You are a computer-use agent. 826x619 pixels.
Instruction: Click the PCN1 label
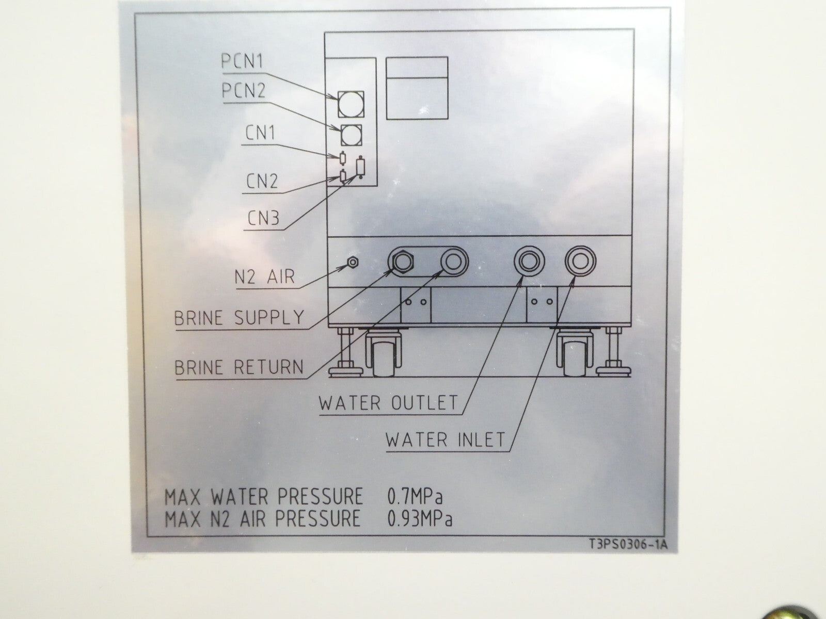point(242,61)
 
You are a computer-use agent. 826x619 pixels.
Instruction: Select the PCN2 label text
point(244,91)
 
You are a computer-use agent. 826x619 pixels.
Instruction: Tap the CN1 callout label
point(260,133)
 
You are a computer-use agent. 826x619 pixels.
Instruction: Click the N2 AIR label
point(264,278)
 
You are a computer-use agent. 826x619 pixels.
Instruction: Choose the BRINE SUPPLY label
point(239,318)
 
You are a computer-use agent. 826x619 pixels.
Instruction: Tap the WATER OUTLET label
point(388,403)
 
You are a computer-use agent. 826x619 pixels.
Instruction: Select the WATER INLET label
point(445,439)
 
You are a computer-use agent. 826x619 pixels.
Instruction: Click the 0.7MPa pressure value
point(415,496)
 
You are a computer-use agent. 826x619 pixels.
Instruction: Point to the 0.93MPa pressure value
point(420,518)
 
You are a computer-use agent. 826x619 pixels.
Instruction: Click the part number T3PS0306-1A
point(628,545)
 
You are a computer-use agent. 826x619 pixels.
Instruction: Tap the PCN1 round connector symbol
point(351,104)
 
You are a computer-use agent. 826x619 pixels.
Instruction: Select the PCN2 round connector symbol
point(351,135)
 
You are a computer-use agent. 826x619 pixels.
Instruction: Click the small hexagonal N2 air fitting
point(352,263)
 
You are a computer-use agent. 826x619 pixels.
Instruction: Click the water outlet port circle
point(529,261)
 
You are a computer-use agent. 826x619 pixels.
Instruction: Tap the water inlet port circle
point(580,261)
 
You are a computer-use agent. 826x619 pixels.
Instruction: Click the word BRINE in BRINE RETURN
point(199,367)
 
